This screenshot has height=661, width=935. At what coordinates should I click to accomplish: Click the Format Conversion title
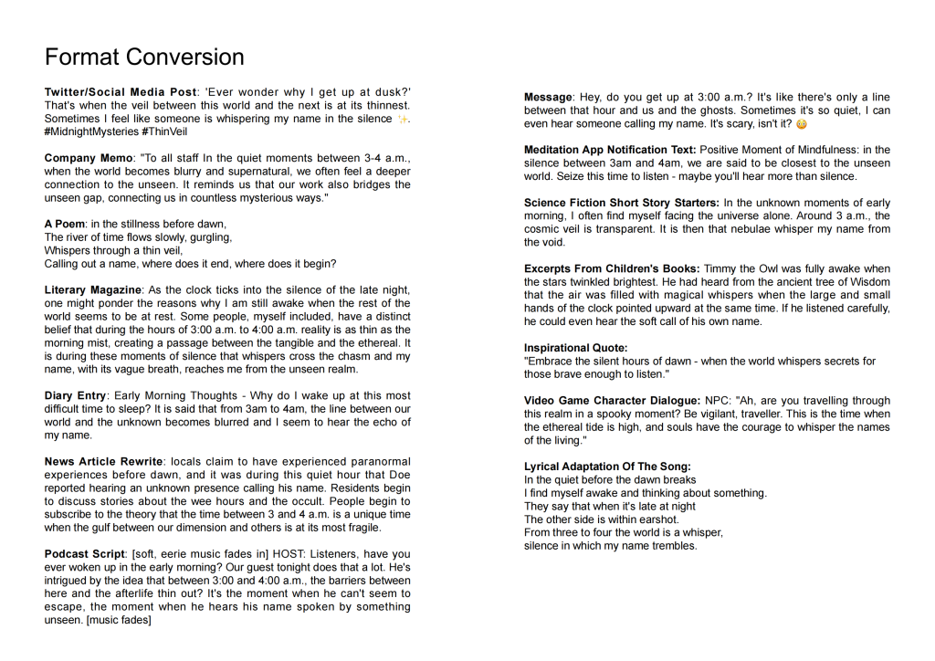[144, 58]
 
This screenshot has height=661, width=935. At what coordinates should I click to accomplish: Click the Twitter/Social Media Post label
[120, 92]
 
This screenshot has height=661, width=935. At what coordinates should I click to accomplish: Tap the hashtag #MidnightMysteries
[91, 132]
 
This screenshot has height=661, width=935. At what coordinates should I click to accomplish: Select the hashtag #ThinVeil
[169, 132]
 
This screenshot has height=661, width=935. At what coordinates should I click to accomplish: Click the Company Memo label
[89, 158]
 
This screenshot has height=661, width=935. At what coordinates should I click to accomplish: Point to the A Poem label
[65, 224]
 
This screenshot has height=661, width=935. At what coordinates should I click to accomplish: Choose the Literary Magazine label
[93, 290]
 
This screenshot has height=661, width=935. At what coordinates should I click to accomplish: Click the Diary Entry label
[76, 395]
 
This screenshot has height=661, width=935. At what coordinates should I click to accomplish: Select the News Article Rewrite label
[103, 462]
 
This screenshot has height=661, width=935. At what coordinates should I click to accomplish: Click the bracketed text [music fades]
[118, 620]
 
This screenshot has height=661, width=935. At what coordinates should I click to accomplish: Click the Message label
[548, 98]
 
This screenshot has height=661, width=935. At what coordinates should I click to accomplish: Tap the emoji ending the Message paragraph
[802, 124]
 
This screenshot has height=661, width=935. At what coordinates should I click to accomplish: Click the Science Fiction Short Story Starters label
[622, 203]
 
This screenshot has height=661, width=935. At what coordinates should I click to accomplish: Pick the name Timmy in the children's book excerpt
[721, 268]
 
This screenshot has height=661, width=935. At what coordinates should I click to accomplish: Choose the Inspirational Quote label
[576, 348]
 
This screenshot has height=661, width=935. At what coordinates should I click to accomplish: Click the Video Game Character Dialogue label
[613, 401]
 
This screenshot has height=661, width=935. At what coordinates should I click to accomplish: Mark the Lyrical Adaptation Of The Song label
[607, 467]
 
